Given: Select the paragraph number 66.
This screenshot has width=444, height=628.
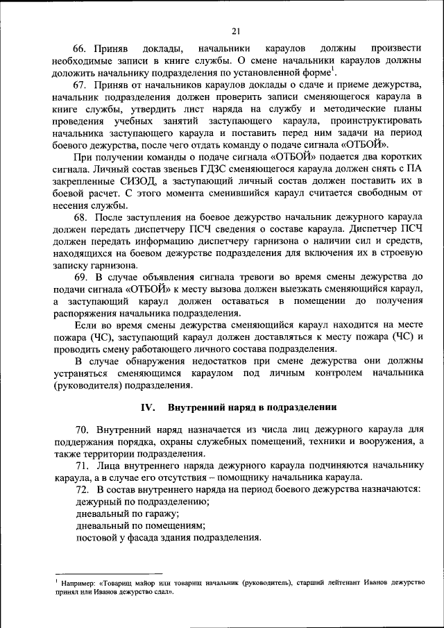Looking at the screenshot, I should [83, 48].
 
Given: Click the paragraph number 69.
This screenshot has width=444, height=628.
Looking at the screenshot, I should [83, 278].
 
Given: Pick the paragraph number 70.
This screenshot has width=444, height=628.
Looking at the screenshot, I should [83, 431].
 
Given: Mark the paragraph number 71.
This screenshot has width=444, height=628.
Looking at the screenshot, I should [83, 466].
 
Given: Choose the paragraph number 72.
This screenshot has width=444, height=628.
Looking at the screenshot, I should [83, 490].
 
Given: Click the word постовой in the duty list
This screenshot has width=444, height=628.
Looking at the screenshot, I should [97, 537].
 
